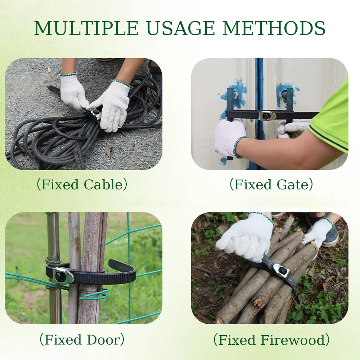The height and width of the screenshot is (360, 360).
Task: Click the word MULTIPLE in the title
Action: tap(86, 28)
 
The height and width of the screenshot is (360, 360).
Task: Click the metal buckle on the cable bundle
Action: tap(95, 113)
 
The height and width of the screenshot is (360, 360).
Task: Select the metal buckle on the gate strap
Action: tap(268, 116)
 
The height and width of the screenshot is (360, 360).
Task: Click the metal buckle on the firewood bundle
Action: tap(281, 271)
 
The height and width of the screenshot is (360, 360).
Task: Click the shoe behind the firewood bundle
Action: tap(329, 237)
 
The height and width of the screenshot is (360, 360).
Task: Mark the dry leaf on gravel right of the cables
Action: tap(110, 152)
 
